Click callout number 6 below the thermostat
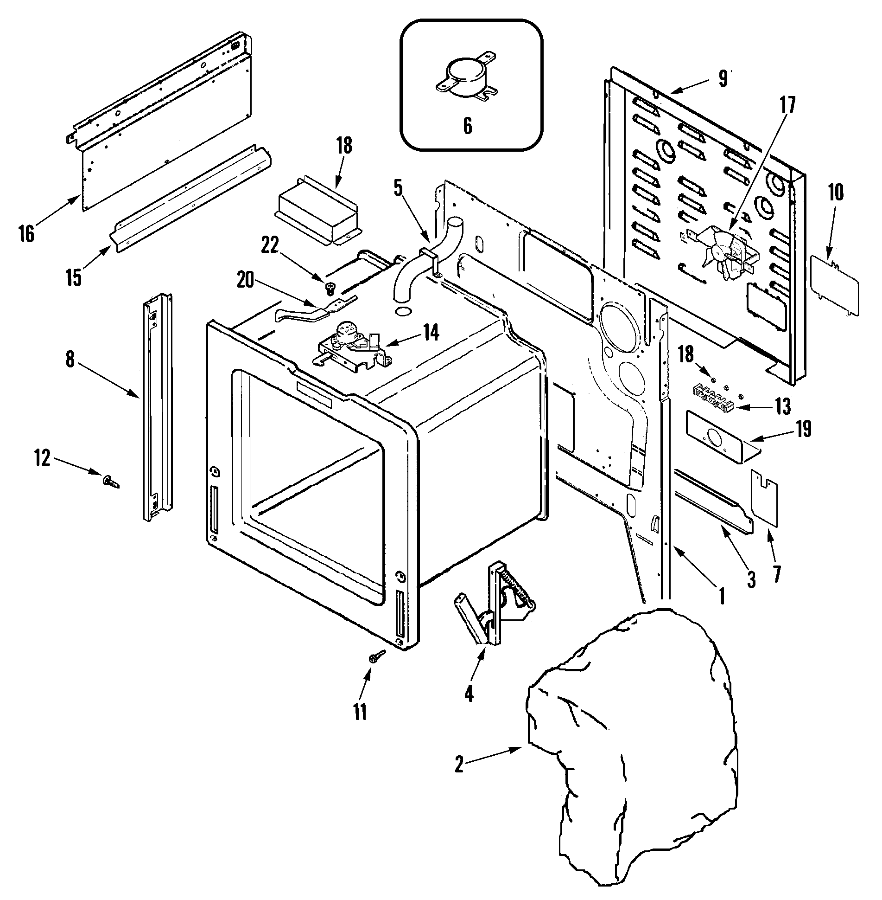468,126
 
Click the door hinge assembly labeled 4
494,603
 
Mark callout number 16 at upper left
27,233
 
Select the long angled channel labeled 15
190,199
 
